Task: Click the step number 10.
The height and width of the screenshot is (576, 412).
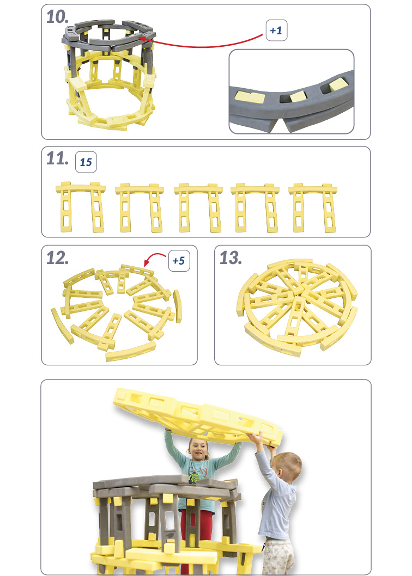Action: pyautogui.click(x=57, y=16)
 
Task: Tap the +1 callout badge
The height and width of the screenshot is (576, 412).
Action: pyautogui.click(x=276, y=30)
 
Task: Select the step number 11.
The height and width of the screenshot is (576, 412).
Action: pyautogui.click(x=57, y=158)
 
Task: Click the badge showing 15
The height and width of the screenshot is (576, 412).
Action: pyautogui.click(x=86, y=162)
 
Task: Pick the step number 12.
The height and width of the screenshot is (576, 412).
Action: pyautogui.click(x=57, y=258)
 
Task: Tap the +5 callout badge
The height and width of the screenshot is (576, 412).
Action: pyautogui.click(x=179, y=261)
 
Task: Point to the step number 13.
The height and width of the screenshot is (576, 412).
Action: pyautogui.click(x=231, y=258)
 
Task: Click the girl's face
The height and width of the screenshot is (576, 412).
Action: pyautogui.click(x=198, y=450)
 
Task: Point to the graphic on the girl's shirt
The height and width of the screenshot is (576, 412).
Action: pyautogui.click(x=195, y=474)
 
